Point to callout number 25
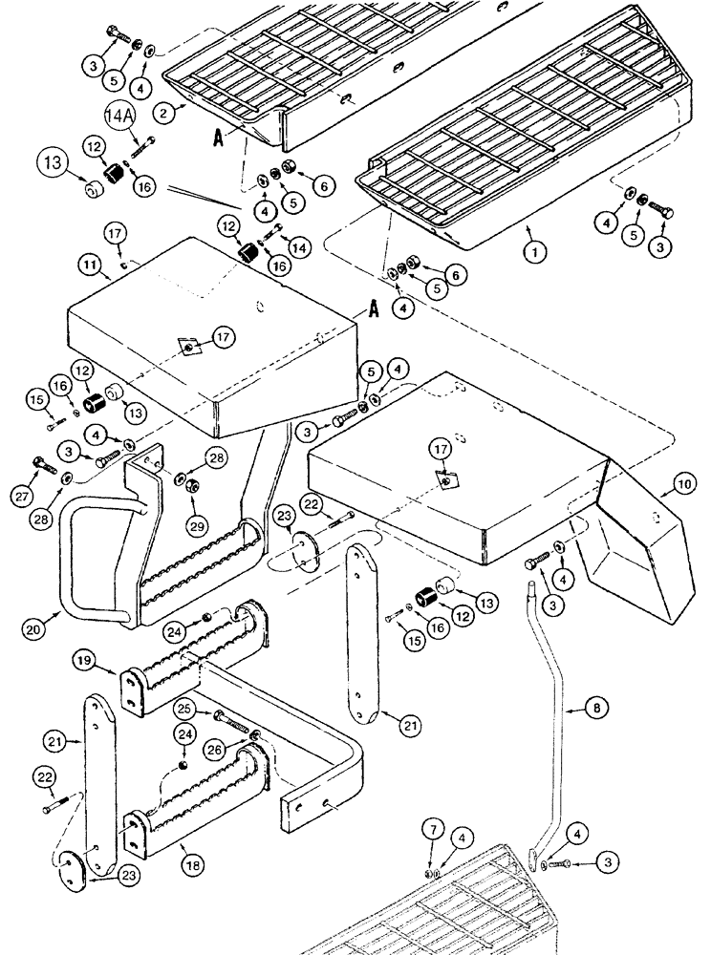[x=184, y=709]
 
